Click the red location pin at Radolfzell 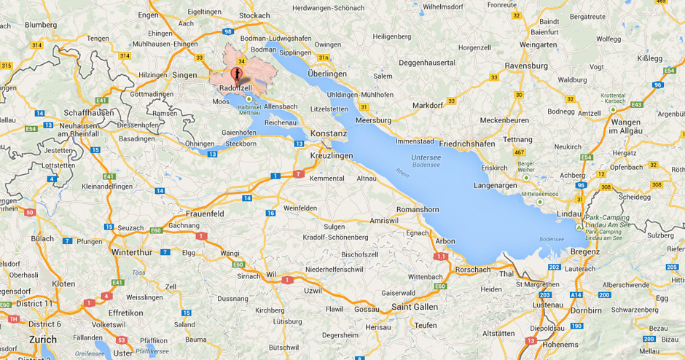[x=235, y=74]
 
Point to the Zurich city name [x=43, y=340]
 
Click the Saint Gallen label [x=415, y=307]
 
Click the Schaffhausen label [x=87, y=114]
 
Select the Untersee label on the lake [x=407, y=157]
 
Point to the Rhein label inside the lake [x=402, y=173]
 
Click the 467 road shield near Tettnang [x=520, y=152]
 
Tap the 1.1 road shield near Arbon [x=440, y=257]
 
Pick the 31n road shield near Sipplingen [x=324, y=57]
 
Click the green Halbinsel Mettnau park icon [x=249, y=98]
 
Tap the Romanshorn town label [x=417, y=209]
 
